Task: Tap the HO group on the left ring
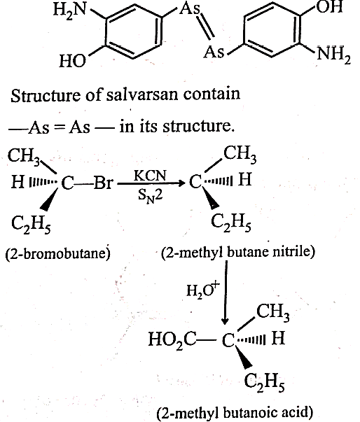pos(72,61)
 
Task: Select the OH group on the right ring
pos(329,7)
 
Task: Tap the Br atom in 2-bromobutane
pos(103,183)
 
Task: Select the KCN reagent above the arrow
pos(151,176)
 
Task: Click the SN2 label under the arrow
pos(151,196)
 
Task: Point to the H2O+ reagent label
pos(203,289)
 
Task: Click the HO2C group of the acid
pos(172,339)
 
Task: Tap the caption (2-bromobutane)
pos(58,253)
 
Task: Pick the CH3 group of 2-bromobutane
pos(24,156)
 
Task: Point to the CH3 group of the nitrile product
pos(240,154)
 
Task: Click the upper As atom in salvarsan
pos(190,8)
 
